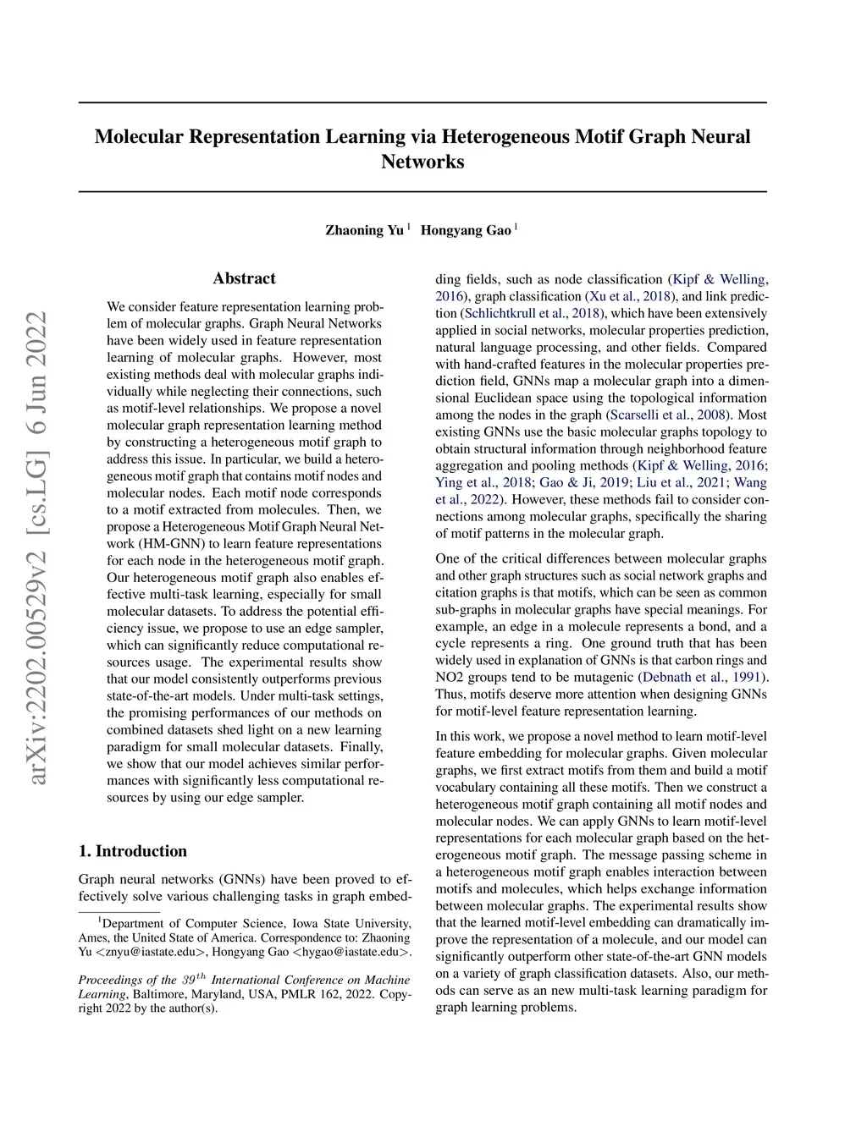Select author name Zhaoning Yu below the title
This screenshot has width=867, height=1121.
[x=364, y=230]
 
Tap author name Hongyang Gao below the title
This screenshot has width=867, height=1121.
[x=466, y=230]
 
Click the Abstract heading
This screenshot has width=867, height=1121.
[x=244, y=278]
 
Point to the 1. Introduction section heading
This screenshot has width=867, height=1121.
[x=132, y=851]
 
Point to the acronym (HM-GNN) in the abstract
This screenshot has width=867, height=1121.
[x=171, y=543]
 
